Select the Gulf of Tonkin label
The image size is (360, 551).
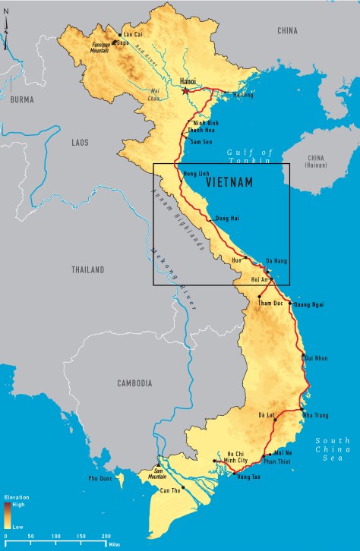pos(248,156)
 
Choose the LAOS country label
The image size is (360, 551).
pos(80,142)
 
